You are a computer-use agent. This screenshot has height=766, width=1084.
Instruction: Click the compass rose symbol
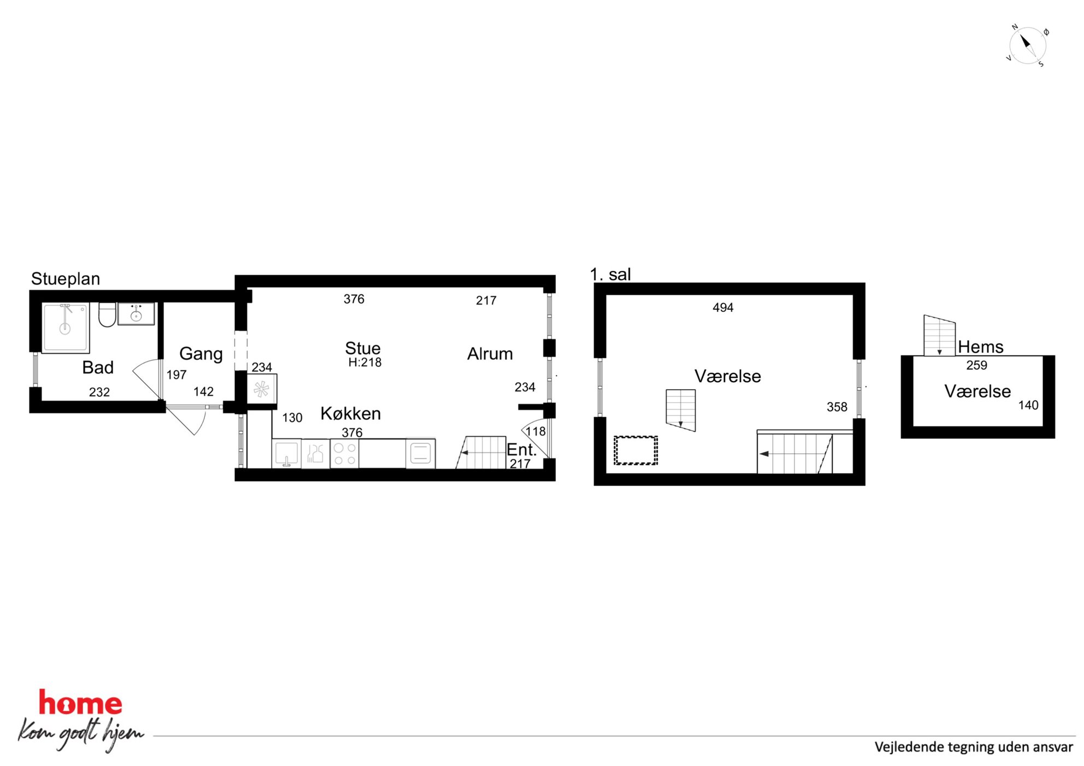tap(1027, 46)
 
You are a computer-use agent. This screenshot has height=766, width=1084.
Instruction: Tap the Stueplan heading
tap(66, 279)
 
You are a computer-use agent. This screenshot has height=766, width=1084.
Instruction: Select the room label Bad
tap(98, 367)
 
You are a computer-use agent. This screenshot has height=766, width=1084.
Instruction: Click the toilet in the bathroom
tap(107, 314)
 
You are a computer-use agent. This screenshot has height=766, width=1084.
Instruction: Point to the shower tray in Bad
tap(66, 328)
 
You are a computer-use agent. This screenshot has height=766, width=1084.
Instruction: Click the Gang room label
tap(201, 354)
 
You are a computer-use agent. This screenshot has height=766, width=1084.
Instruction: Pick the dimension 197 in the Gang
tap(176, 375)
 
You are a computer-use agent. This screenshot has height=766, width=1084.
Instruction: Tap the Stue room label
tap(363, 348)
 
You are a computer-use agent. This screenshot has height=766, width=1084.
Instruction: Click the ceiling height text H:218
tap(365, 362)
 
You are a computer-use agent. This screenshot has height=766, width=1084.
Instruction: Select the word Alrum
tap(490, 354)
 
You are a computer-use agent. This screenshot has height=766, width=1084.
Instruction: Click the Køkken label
tap(351, 413)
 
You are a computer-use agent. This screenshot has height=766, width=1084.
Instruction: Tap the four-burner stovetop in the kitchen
tap(345, 454)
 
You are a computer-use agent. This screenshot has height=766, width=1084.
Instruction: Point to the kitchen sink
tap(286, 454)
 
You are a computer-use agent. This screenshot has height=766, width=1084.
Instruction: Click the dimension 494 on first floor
tap(723, 308)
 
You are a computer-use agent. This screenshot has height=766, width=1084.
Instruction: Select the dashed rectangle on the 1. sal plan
tap(635, 450)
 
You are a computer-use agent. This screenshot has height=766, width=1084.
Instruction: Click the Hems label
tap(981, 347)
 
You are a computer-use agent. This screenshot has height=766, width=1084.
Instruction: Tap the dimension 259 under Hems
tap(977, 365)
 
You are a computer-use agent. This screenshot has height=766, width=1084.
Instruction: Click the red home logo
tap(80, 703)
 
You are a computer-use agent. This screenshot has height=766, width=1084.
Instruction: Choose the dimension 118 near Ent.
tap(535, 432)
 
